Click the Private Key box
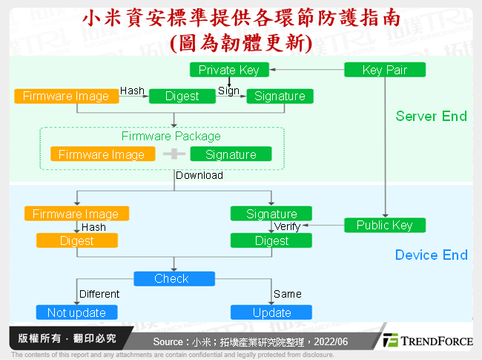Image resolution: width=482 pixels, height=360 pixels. [228, 71]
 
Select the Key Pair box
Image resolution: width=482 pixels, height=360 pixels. [385, 71]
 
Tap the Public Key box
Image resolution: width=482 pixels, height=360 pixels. [385, 226]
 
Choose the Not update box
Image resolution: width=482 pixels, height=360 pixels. [77, 312]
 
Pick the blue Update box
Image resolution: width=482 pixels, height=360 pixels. [271, 312]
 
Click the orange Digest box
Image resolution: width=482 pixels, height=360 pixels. [77, 240]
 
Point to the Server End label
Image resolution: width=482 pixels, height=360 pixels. [431, 116]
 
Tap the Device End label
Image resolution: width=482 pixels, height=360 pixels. [431, 255]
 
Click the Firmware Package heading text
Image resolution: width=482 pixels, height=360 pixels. [171, 137]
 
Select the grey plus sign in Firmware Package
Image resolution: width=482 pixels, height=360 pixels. [174, 154]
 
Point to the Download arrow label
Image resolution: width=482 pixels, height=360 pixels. [199, 176]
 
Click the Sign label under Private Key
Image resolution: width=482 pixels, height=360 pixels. [228, 91]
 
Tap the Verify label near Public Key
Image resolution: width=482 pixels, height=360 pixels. [287, 226]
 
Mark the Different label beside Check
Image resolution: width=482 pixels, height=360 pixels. [99, 294]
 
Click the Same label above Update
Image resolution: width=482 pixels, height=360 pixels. [287, 294]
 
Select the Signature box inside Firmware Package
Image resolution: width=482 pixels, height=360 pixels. [231, 154]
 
